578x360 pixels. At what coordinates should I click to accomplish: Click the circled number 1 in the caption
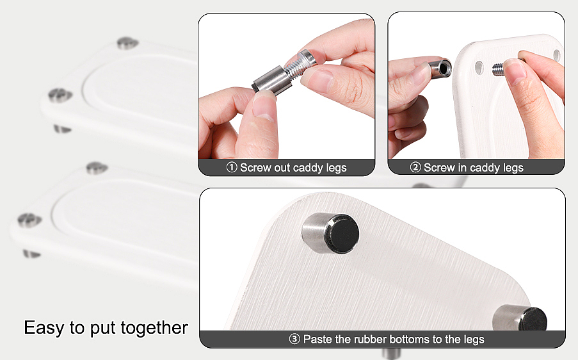point(232,167)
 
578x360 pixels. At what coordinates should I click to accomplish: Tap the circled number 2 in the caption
point(415,167)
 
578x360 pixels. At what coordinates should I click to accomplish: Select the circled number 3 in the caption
point(294,339)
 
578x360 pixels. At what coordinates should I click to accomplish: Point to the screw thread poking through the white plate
point(498,69)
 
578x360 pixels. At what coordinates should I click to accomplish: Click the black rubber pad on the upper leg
point(344,234)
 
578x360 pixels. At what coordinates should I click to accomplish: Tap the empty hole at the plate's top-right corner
point(557,56)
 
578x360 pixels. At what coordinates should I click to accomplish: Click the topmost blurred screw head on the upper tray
point(127,43)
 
